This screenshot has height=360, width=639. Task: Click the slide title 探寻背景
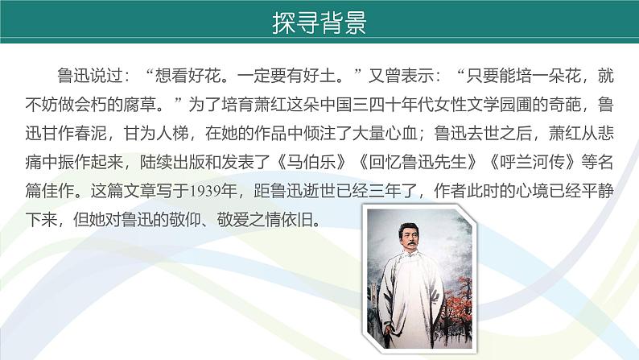[x=319, y=23]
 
